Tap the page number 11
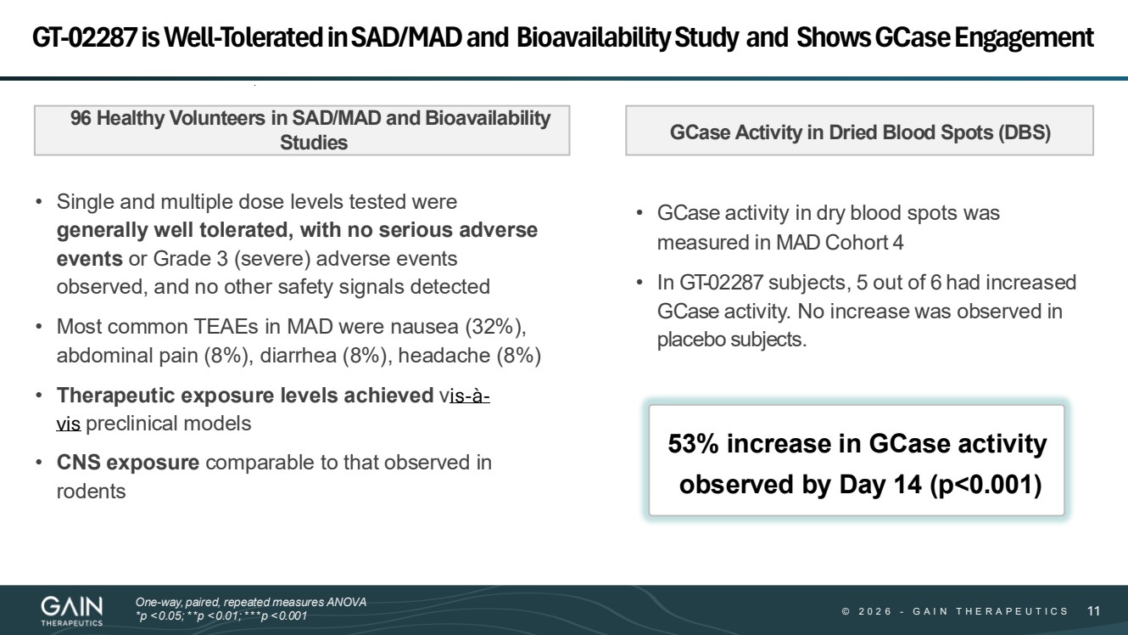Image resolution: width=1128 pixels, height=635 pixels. pos(1093,611)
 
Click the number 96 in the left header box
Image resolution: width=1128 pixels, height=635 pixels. pos(81,119)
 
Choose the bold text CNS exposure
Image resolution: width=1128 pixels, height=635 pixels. pos(128,463)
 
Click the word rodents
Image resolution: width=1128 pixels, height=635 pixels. pos(91,492)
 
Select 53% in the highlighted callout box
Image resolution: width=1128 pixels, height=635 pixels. pos(695,444)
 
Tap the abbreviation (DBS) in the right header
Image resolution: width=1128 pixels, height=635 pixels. pos(1024,133)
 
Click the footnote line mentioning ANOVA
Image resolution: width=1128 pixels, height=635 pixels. pos(251,602)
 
